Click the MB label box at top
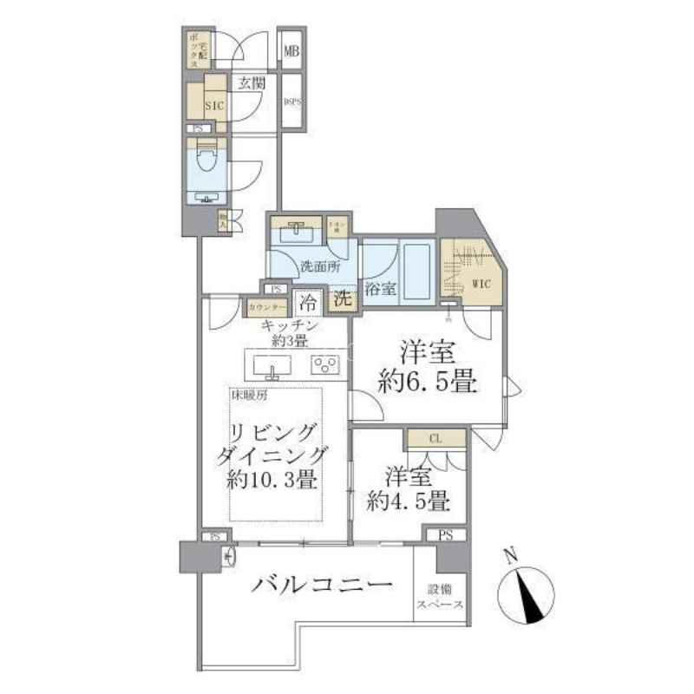291,51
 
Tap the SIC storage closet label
213,106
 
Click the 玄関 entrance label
251,83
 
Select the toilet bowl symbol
206,161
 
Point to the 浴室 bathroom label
380,289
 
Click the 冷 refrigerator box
306,304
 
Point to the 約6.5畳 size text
430,383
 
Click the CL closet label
435,439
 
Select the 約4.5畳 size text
407,501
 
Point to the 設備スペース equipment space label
439,597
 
